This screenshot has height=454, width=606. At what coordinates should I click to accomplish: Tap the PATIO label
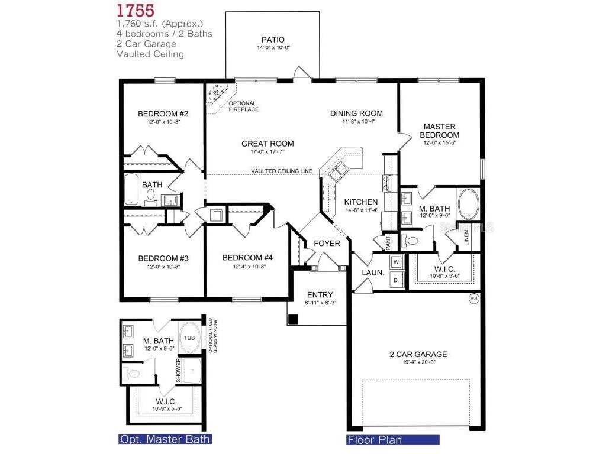pos(273,40)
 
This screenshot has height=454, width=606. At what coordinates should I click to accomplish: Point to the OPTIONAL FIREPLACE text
pos(243,106)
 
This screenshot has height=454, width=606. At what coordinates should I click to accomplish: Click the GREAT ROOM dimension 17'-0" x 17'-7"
pos(267,152)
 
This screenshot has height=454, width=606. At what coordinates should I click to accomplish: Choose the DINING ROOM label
pos(356,113)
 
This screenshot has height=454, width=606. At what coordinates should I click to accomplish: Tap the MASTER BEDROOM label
pos(439,130)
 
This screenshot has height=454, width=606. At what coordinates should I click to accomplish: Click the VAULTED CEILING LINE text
pos(281,171)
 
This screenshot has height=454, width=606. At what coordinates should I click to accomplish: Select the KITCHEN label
pos(361,202)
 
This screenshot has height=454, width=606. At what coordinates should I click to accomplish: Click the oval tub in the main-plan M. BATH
pos(469,202)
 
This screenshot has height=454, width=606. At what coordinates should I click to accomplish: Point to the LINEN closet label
pos(467,236)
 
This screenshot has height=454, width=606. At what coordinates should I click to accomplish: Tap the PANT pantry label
pos(388,242)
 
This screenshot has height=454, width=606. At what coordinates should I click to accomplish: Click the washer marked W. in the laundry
pos(397,261)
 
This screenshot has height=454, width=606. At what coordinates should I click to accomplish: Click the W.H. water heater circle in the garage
pos(473,299)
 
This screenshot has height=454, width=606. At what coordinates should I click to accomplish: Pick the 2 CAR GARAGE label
pos(418,354)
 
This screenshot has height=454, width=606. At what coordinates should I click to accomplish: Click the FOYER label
pos(327,243)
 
